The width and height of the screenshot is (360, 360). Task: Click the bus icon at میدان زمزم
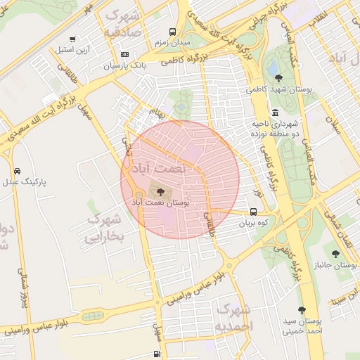[173, 32]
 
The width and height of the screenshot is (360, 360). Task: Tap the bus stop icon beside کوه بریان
[253, 212]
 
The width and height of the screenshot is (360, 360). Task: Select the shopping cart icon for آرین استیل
[72, 39]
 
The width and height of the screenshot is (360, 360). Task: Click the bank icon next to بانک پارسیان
[124, 54]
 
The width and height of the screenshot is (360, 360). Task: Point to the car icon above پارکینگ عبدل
[17, 171]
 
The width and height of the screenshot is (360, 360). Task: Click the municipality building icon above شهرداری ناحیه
[274, 112]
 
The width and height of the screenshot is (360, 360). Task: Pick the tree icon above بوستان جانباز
[335, 254]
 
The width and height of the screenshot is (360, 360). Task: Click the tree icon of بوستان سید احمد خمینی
[302, 310]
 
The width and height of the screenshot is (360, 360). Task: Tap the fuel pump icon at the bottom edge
[156, 354]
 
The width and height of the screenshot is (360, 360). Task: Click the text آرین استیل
[72, 51]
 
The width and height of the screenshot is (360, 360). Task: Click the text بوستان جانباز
[335, 266]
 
